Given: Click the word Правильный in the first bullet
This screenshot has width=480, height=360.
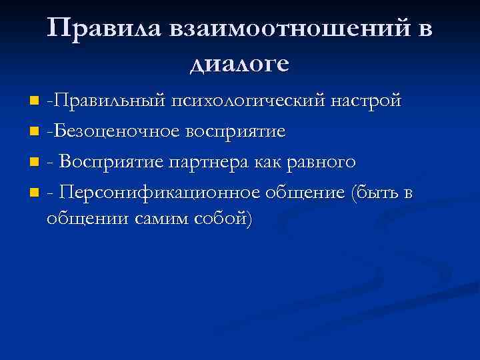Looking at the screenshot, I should pos(110,101).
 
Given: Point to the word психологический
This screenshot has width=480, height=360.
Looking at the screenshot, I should pos(251,101).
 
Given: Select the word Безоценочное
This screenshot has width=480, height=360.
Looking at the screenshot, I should pos(110,131).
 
